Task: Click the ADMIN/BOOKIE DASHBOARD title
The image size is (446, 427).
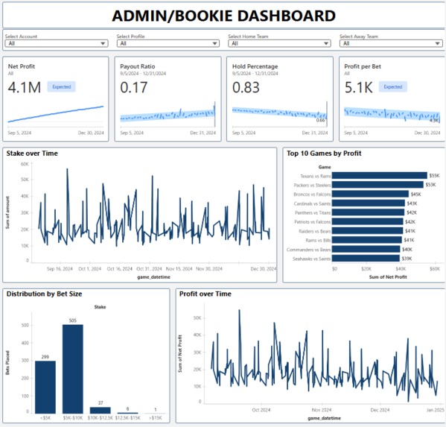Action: (223, 16)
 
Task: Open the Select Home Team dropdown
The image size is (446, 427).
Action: (278, 43)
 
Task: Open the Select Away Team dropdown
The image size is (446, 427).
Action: (390, 43)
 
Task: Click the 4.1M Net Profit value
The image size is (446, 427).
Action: (25, 87)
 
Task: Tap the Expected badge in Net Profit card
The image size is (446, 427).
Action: (61, 87)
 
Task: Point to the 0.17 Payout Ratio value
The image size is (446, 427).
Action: (135, 87)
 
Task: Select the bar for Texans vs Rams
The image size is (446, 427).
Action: (379, 176)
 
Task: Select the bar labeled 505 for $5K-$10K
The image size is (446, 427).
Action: (72, 369)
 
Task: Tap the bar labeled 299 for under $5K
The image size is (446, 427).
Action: (45, 387)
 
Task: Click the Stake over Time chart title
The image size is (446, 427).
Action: (32, 154)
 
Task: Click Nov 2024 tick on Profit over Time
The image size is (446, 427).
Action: (321, 410)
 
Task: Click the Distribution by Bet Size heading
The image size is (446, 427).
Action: (44, 294)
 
